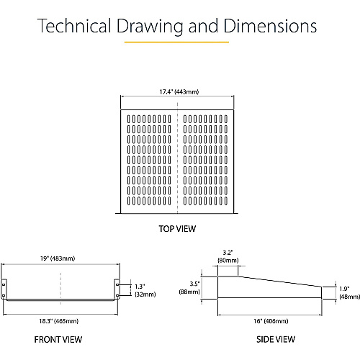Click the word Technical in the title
[x=74, y=25]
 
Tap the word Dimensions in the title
[x=270, y=25]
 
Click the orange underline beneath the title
[x=176, y=42]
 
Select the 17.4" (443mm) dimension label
[x=179, y=91]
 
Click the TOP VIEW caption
[x=177, y=229]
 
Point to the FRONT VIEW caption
[x=58, y=340]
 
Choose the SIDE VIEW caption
[x=276, y=339]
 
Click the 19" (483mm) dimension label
[x=58, y=258]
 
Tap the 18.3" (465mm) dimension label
[x=59, y=321]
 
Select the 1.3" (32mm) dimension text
[x=145, y=290]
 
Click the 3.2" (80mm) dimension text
[x=228, y=256]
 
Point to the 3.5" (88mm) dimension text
[x=189, y=287]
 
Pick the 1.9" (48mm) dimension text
[x=350, y=293]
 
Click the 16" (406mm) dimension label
[x=271, y=321]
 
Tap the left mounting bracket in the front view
[x=4, y=289]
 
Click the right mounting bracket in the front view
[x=117, y=289]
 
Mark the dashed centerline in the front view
[x=60, y=289]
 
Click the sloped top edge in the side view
[x=280, y=282]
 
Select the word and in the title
[x=203, y=25]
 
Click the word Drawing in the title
[x=150, y=26]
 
